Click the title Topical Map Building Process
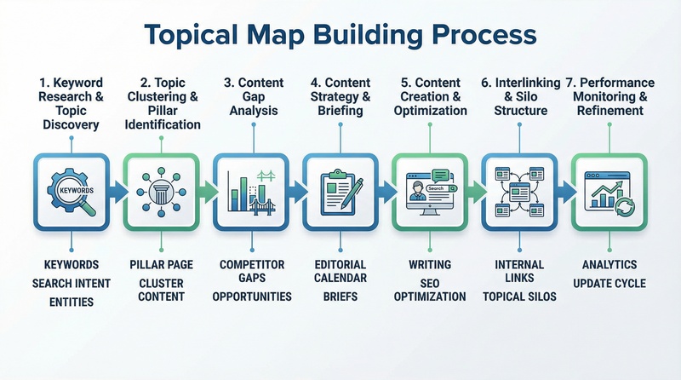(x=340, y=35)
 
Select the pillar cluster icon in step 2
(x=161, y=191)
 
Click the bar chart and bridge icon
(x=251, y=191)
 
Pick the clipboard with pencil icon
(x=340, y=191)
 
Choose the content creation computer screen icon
(x=430, y=191)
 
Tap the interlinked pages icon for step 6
(x=519, y=191)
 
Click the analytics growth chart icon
(x=609, y=191)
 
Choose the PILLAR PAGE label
(x=161, y=265)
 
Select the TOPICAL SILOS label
(x=519, y=297)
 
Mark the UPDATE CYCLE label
(x=609, y=282)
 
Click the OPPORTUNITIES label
(x=251, y=297)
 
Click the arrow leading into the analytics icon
(x=564, y=191)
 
